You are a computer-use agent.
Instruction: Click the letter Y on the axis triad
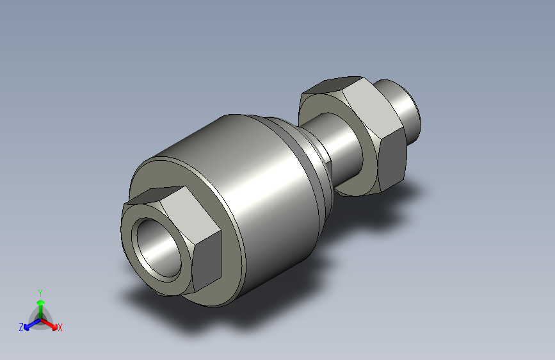[40, 291]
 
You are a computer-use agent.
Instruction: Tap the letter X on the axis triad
[60, 328]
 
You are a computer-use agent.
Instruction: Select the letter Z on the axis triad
[20, 327]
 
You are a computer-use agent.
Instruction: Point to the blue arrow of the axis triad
[29, 324]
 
